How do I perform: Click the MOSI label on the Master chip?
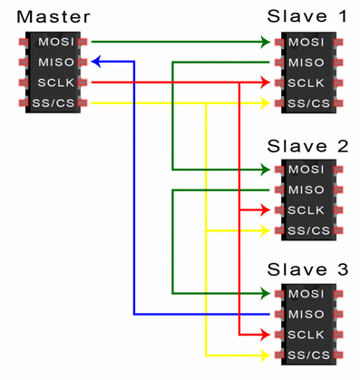click(x=54, y=42)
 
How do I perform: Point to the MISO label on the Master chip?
click(x=54, y=62)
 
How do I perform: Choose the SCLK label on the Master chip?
click(x=54, y=83)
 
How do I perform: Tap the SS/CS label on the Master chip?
click(x=54, y=102)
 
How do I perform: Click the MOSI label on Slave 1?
click(x=307, y=42)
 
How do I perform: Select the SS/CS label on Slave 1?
click(x=307, y=102)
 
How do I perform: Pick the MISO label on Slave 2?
click(x=307, y=190)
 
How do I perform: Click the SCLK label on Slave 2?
click(x=307, y=210)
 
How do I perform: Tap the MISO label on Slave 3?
click(x=307, y=314)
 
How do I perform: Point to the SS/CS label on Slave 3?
click(x=307, y=354)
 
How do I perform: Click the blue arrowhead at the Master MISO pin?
click(x=96, y=62)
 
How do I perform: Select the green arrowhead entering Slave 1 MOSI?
click(x=268, y=42)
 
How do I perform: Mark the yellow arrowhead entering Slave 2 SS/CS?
click(x=268, y=230)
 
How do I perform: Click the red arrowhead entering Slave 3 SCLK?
click(x=268, y=334)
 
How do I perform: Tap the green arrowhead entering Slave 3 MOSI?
click(x=268, y=294)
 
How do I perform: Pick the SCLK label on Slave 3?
click(x=307, y=334)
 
